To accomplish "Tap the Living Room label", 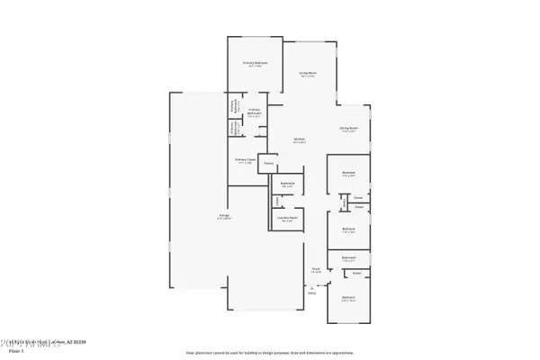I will [305, 74].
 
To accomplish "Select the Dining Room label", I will [350, 129].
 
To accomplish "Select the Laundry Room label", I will [288, 219].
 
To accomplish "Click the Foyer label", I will [316, 269].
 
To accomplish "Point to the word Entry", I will [312, 292].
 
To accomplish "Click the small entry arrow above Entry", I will [312, 285].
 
